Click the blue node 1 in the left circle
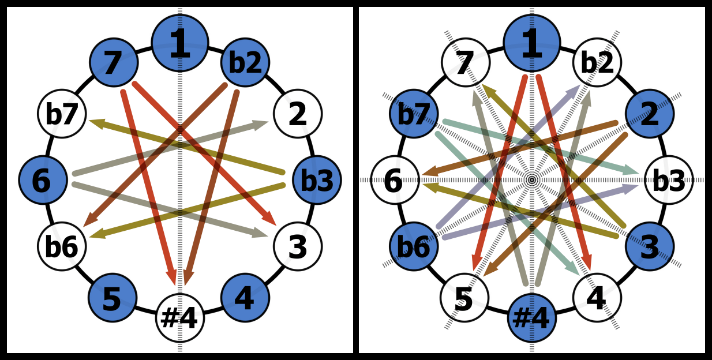(180, 43)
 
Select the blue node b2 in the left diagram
(245, 62)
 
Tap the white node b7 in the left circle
(62, 114)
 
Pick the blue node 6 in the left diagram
(43, 180)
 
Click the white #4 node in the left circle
(180, 318)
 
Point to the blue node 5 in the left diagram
(113, 298)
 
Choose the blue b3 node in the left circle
(317, 180)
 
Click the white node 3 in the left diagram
(298, 246)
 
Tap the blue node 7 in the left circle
(114, 62)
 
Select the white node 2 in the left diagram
(298, 114)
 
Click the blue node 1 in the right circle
(532, 43)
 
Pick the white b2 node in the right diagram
(597, 62)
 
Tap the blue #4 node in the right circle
(532, 318)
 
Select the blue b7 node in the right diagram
(414, 114)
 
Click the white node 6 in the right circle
(395, 180)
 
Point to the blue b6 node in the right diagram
(414, 246)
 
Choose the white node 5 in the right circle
(464, 298)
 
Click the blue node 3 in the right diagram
(650, 246)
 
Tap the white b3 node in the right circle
(669, 180)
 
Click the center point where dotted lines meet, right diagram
(532, 180)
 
